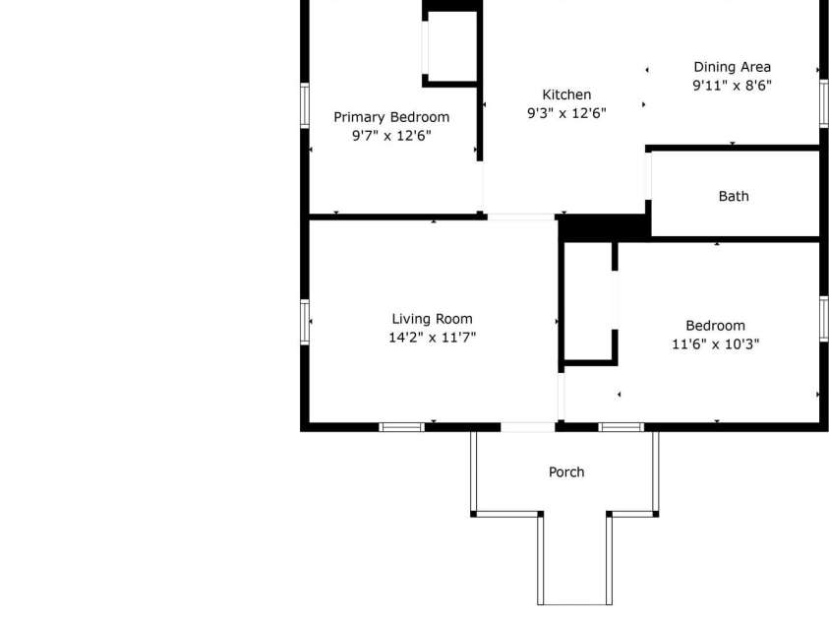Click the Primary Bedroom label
tap(390, 117)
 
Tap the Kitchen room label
tap(566, 94)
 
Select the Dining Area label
tap(732, 67)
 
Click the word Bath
tap(733, 196)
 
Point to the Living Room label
tap(432, 319)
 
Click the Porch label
tap(565, 472)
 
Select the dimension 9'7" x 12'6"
tap(390, 136)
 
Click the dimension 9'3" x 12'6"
tap(566, 113)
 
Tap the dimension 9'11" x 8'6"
tap(732, 86)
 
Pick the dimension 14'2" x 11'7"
tap(432, 338)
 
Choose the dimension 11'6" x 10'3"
tap(715, 344)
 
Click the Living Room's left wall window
tap(305, 322)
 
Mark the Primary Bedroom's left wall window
tap(305, 105)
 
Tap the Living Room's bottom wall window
tap(402, 427)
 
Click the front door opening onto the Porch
tap(528, 427)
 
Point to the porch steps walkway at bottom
tap(574, 561)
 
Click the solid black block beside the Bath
tap(603, 227)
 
